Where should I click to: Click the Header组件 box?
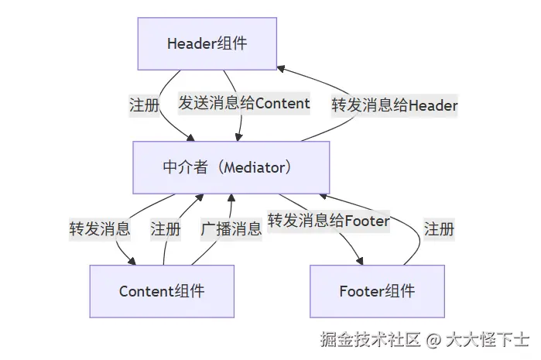207,44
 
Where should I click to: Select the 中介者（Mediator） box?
231,167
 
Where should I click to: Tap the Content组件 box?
162,291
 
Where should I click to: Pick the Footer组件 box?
377,291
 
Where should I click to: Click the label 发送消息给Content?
244,104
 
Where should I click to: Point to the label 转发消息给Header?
395,105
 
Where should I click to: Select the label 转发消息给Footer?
329,221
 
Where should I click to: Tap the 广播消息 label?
231,229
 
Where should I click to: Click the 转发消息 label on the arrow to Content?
100,229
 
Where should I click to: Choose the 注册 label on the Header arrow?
144,105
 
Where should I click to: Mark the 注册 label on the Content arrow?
166,229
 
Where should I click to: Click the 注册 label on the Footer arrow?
439,229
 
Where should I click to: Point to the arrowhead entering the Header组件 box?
281,68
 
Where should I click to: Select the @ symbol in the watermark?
433,339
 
